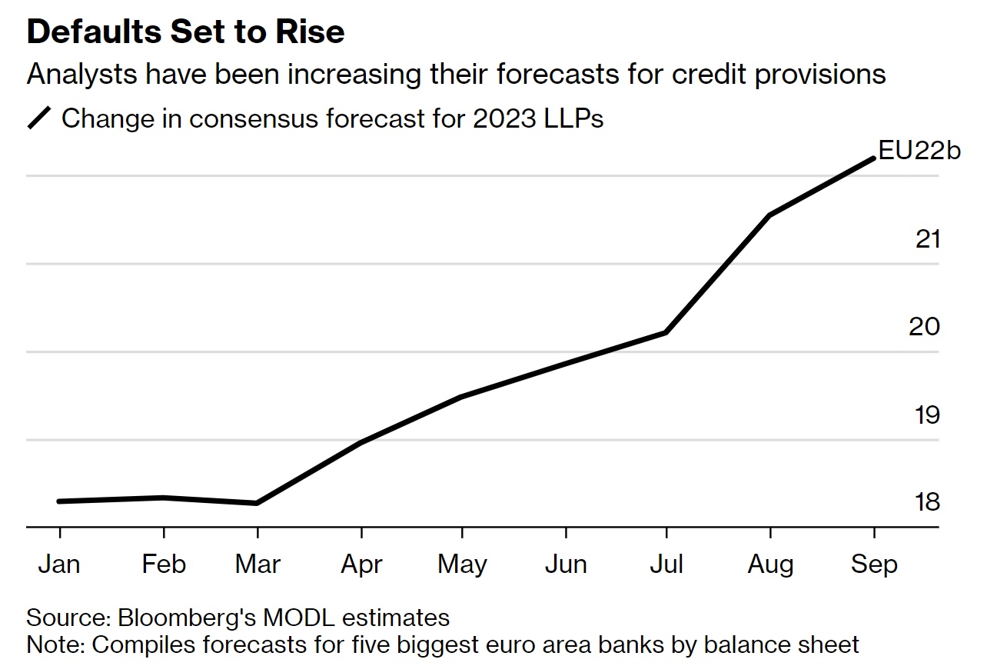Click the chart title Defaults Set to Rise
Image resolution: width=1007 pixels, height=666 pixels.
tap(185, 32)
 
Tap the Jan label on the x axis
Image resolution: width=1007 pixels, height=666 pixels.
tap(59, 564)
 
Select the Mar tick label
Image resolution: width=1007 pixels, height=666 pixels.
tap(258, 564)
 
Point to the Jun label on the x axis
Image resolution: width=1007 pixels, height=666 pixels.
tap(566, 564)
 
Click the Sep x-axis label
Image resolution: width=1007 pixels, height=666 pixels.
tap(874, 564)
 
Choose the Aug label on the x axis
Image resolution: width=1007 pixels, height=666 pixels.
tap(770, 564)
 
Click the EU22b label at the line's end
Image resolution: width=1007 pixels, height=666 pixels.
tap(919, 151)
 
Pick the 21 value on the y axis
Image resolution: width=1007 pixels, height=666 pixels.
tap(928, 239)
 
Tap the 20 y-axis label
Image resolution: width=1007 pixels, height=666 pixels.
tap(925, 327)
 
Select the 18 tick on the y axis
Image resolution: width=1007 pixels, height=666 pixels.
tap(928, 502)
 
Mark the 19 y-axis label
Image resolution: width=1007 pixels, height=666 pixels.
tap(928, 415)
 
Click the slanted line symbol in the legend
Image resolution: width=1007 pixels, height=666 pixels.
tap(40, 119)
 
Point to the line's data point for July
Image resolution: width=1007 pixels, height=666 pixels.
tap(666, 332)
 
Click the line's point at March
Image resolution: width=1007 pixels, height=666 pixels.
tap(257, 503)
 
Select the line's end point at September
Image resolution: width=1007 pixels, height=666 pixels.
tap(873, 158)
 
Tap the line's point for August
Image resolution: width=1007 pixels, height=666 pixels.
tap(769, 215)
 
